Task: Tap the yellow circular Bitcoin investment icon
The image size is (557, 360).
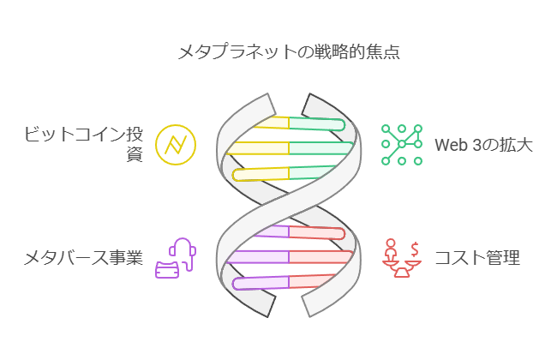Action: tap(176, 145)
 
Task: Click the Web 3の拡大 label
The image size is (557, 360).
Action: tap(483, 145)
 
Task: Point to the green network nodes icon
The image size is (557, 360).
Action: tap(402, 144)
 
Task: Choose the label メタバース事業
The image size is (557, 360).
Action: tap(82, 257)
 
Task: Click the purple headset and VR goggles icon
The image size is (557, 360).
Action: tap(176, 258)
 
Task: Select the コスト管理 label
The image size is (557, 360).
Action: tap(476, 257)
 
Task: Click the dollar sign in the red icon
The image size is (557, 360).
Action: tap(415, 248)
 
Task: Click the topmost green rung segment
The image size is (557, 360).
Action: tap(315, 124)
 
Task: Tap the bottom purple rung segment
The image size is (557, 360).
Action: tap(261, 283)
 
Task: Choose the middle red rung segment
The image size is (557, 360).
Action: tap(321, 256)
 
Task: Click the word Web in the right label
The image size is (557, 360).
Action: tap(452, 145)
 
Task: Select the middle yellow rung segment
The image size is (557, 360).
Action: tap(257, 147)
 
